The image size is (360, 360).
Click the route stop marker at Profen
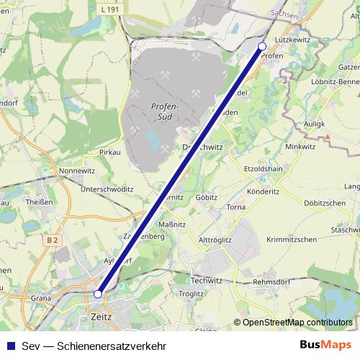(262, 46)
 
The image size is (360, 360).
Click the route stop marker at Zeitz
(98, 293)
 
